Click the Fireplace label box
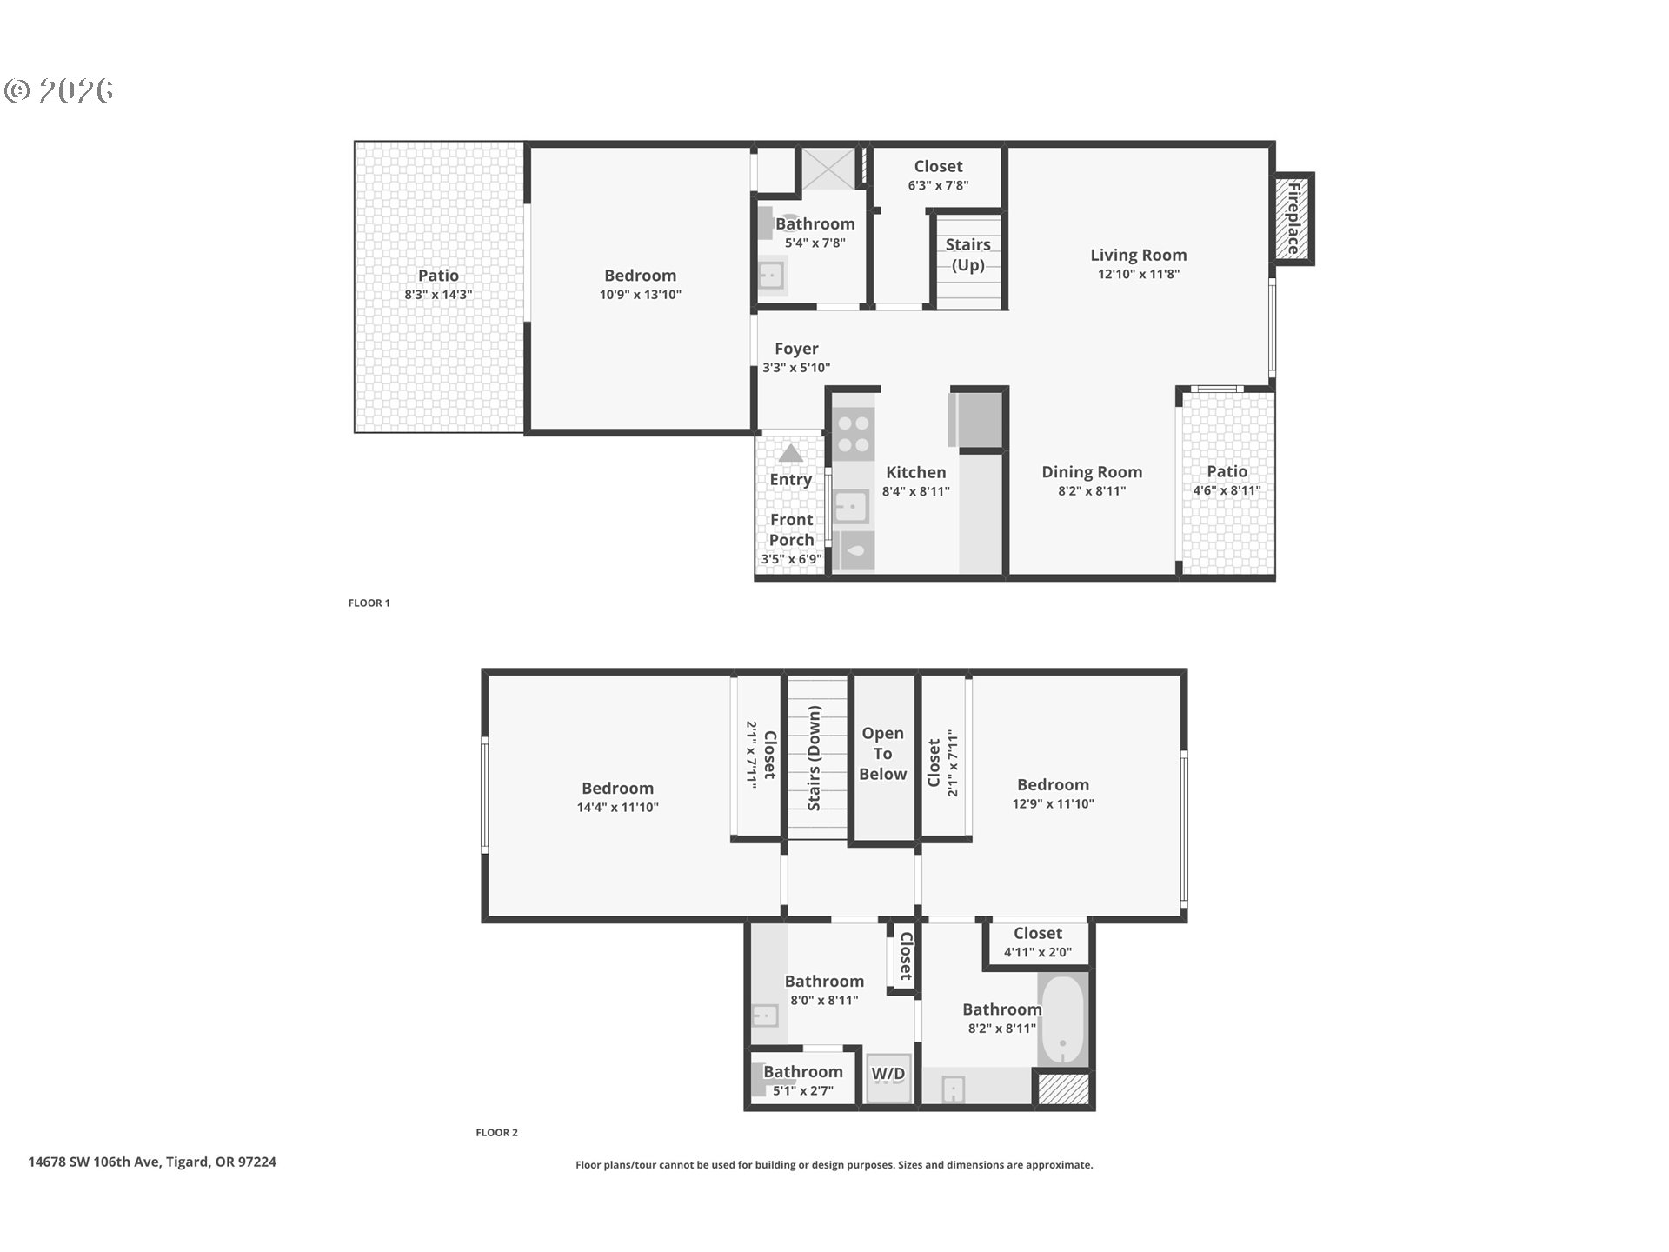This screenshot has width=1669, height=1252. coord(1293,218)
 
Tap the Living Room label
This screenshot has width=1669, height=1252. coord(1138,255)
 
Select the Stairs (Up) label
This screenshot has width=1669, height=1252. coord(967,255)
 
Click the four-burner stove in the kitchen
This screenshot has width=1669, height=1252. coord(852,435)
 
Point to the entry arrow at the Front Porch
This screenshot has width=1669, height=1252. coord(790,453)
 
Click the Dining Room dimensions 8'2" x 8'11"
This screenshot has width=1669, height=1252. coord(1092,491)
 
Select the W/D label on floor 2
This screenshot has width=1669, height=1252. coord(888,1074)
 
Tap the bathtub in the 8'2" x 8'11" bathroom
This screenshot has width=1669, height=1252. coord(1062,1019)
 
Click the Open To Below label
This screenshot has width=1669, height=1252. coord(882,754)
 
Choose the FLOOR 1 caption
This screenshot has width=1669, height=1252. coord(369,603)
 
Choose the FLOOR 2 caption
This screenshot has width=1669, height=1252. coord(496,1132)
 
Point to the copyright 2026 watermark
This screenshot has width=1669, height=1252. coord(59,90)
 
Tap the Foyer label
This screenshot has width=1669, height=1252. coord(796,349)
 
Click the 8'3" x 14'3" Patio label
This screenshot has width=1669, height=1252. coord(438,284)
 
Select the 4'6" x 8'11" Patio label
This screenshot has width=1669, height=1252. coord(1227,480)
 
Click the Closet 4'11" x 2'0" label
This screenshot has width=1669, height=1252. coord(1037,942)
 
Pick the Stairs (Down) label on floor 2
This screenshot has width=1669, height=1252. coord(815,758)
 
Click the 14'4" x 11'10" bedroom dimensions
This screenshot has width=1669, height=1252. coord(617,808)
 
